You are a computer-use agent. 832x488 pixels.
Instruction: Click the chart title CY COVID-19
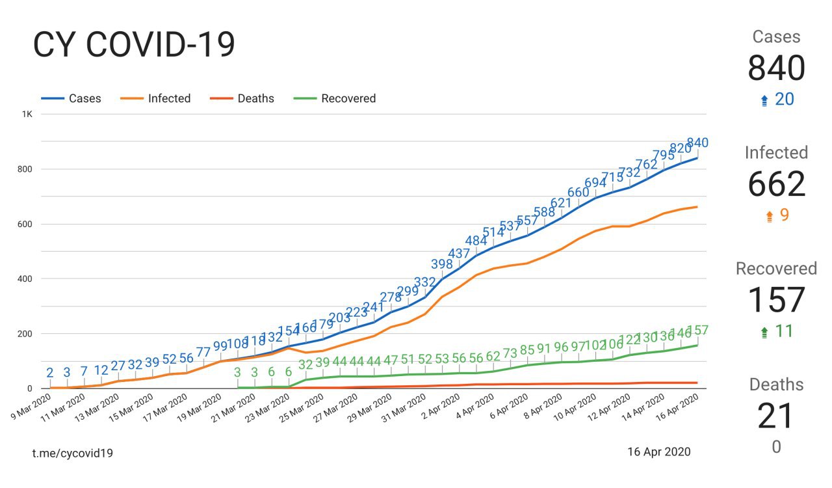point(133,46)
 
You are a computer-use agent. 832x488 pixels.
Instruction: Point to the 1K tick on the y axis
point(27,114)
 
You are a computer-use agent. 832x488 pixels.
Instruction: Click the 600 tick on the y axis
point(24,224)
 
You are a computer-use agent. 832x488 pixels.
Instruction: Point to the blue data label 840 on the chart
point(697,143)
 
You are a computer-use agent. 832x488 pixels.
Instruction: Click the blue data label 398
point(442,264)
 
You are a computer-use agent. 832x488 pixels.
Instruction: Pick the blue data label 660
point(578,193)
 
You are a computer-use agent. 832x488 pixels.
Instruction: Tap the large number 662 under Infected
point(777,185)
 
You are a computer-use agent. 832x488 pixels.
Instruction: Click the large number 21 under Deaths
point(777,416)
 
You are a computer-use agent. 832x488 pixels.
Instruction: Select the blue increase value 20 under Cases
point(784,100)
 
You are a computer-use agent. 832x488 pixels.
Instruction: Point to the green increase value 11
point(784,331)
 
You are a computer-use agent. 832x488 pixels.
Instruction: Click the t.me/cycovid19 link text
point(73,453)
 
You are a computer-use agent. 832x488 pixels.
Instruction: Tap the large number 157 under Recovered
point(777,301)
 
